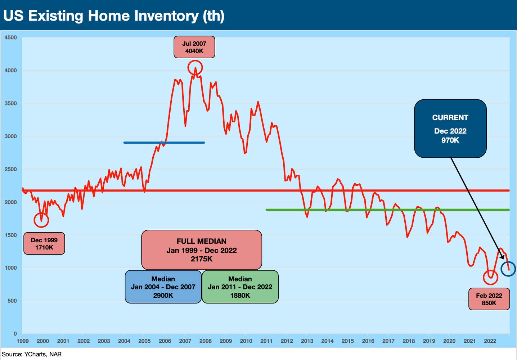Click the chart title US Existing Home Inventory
point(114,16)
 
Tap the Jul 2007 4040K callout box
point(194,47)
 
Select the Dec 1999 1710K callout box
point(44,244)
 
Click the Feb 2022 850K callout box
point(489,299)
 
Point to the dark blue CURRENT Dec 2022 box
point(450,129)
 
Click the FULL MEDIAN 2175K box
point(201,250)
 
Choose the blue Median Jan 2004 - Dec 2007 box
point(163,287)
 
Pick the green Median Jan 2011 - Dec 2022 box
point(240,287)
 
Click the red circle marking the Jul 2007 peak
point(195,68)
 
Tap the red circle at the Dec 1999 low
point(41,220)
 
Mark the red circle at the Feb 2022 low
point(490,277)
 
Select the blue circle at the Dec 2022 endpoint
point(508,269)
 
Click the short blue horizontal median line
point(164,143)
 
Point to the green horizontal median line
point(387,210)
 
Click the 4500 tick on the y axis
point(10,37)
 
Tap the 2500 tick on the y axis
point(10,169)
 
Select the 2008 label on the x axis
point(206,341)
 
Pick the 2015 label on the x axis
point(348,341)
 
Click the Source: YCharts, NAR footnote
point(32,354)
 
